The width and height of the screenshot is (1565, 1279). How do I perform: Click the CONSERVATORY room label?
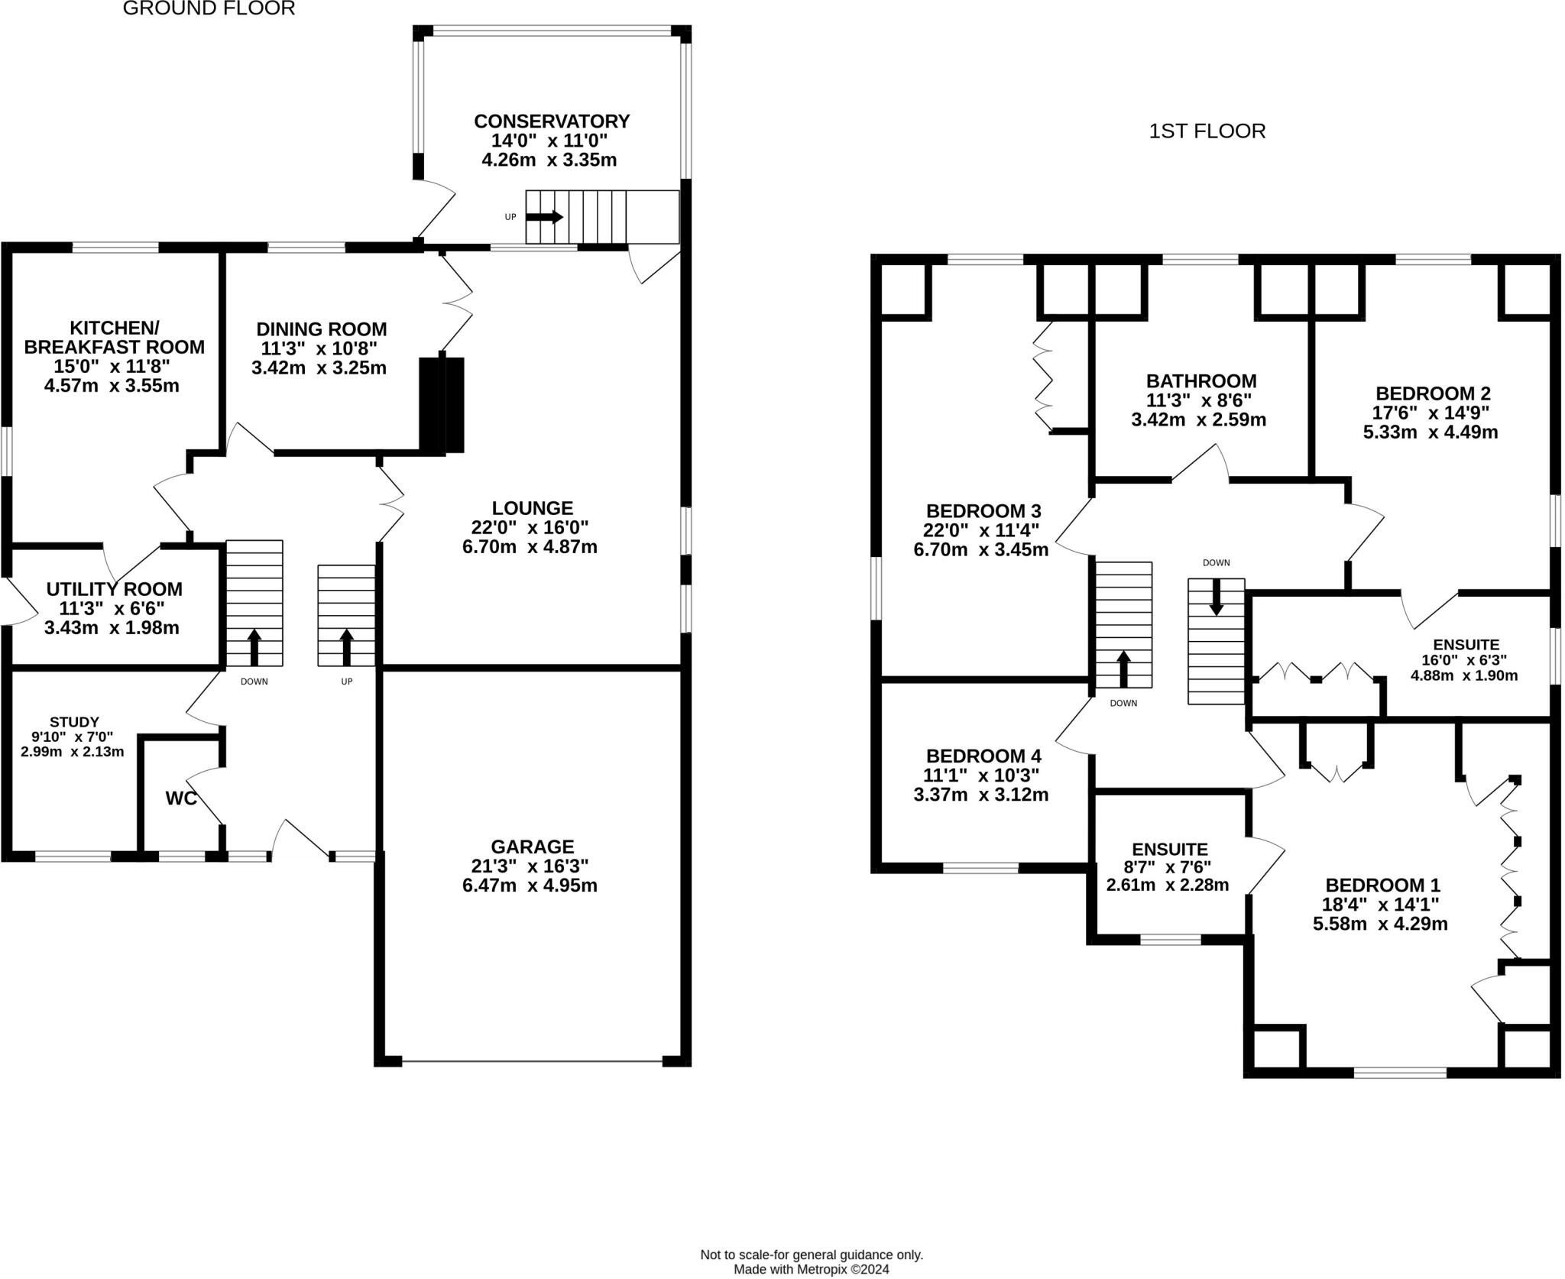click(551, 121)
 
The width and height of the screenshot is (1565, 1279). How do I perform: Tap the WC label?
click(181, 798)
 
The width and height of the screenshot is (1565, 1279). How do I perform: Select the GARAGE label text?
click(532, 847)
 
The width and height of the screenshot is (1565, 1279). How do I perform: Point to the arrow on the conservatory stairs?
click(544, 217)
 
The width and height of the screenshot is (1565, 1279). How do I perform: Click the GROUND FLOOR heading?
click(209, 9)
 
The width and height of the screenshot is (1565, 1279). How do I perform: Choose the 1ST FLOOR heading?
click(1207, 131)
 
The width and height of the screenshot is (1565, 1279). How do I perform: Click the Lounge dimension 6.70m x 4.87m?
click(530, 547)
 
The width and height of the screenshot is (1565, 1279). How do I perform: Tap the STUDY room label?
click(74, 722)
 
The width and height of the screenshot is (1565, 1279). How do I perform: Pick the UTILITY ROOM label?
click(115, 589)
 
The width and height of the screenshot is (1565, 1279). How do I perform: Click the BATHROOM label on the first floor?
click(1201, 380)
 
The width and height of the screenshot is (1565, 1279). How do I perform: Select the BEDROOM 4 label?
click(983, 756)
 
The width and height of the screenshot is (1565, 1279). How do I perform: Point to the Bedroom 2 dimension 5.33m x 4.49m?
click(1431, 432)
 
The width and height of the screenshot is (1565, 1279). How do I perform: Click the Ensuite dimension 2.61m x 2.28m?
click(1168, 886)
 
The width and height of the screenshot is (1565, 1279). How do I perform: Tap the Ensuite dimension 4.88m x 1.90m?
click(1464, 675)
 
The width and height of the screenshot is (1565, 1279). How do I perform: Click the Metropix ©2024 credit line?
click(812, 1269)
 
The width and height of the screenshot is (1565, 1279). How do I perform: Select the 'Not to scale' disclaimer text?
click(812, 1255)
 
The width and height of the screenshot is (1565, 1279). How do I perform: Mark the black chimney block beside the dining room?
click(442, 405)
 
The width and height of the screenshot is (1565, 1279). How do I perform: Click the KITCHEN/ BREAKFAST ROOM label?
click(115, 337)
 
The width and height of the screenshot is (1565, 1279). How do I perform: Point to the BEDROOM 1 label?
click(1382, 886)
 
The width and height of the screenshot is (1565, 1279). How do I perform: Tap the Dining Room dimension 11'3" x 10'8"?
click(321, 348)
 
